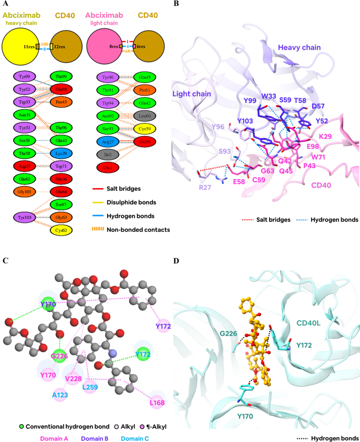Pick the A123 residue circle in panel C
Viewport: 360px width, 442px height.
tap(61, 394)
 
